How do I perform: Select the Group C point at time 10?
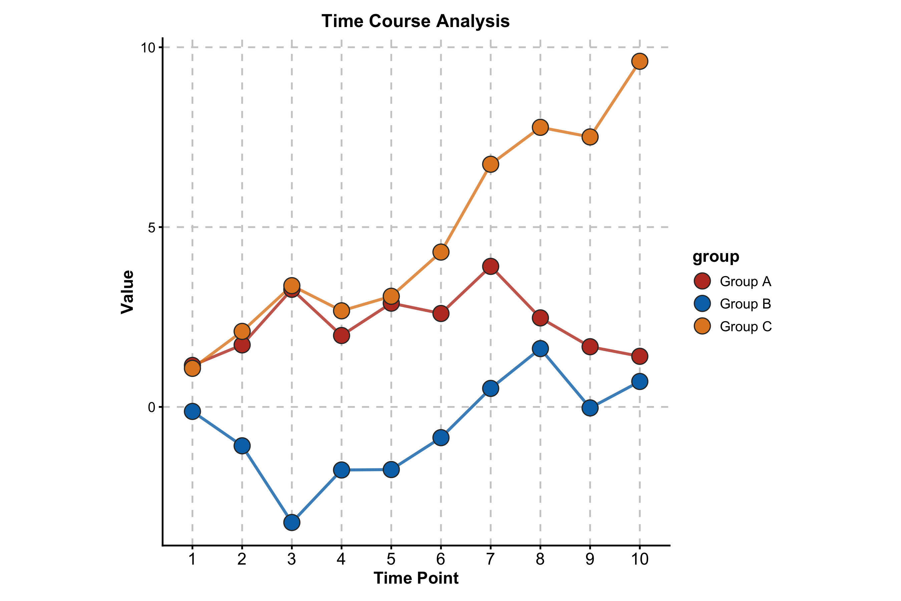(x=639, y=61)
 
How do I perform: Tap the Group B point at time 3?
(x=292, y=523)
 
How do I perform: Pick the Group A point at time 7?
(x=490, y=266)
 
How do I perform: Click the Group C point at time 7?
(x=490, y=164)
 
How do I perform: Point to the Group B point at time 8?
(x=540, y=348)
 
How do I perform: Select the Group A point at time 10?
(x=639, y=356)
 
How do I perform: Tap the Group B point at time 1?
(x=192, y=411)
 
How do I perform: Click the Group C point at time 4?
(x=341, y=311)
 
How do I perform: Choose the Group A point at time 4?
(x=341, y=335)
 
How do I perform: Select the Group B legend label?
(x=745, y=304)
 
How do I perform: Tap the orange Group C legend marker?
(x=702, y=326)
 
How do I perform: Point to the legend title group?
(x=715, y=256)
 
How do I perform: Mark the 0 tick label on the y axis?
(x=152, y=407)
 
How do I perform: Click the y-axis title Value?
(x=127, y=292)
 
